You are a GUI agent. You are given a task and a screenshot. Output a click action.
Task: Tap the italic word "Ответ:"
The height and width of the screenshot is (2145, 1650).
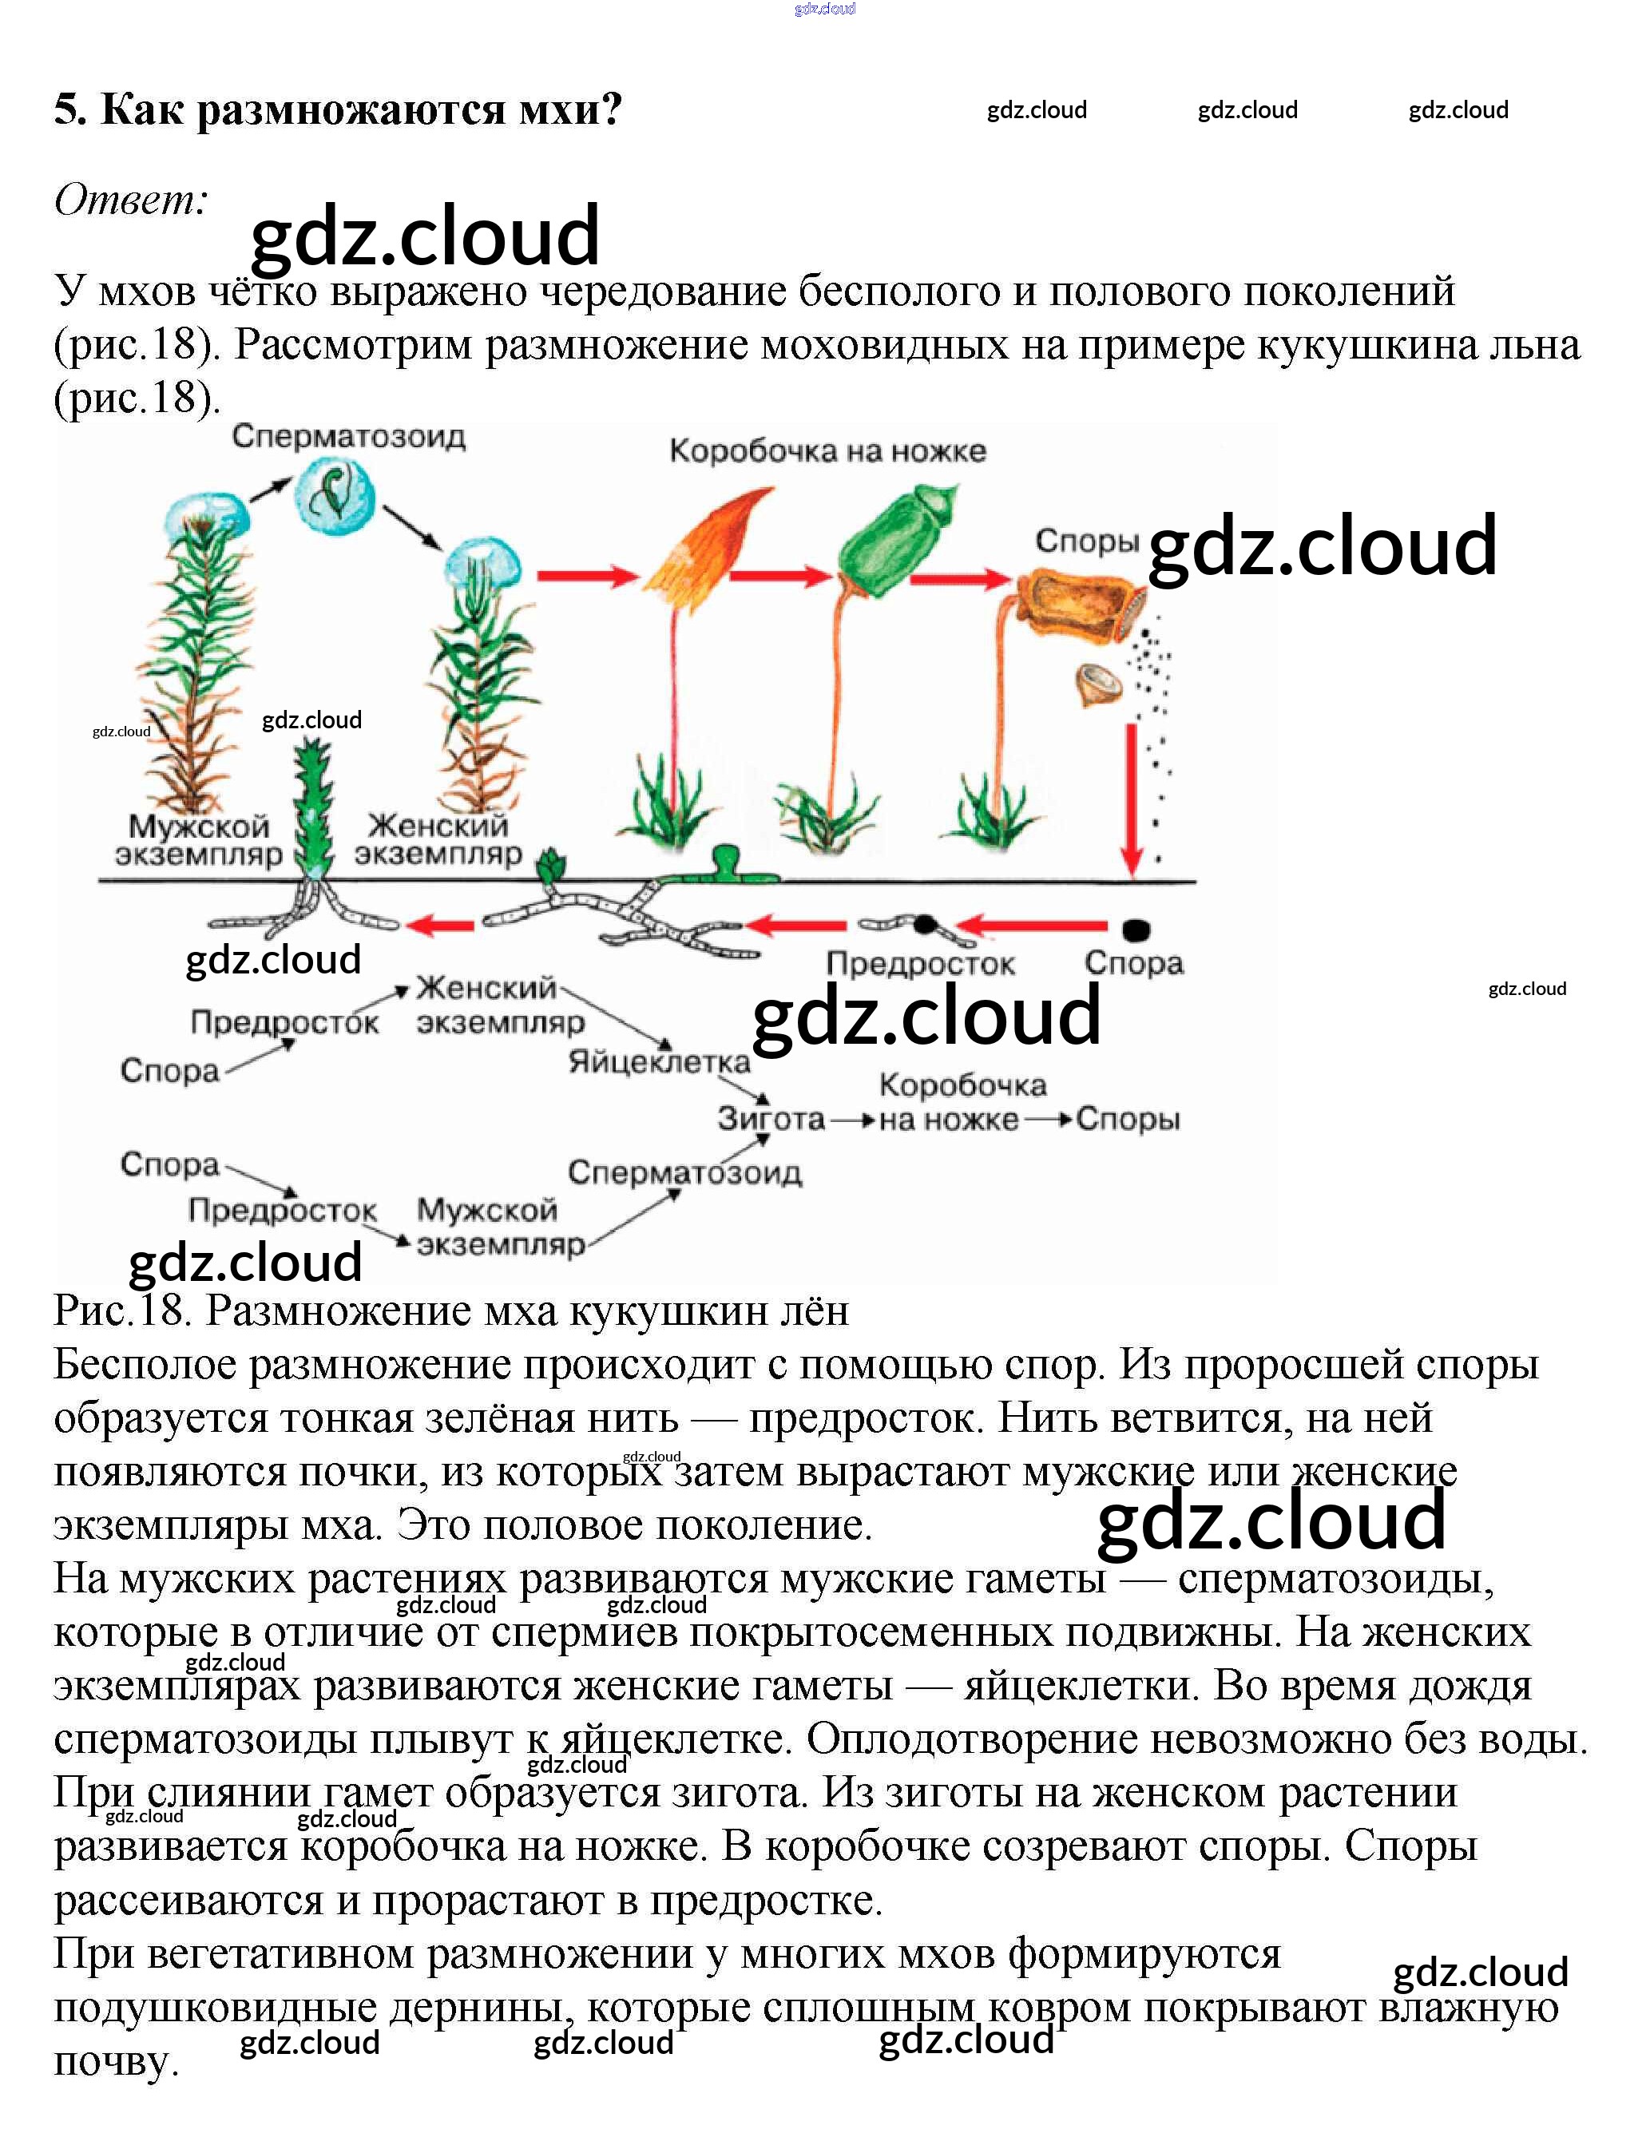131,200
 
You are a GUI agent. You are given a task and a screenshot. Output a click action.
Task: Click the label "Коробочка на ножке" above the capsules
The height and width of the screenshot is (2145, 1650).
827,451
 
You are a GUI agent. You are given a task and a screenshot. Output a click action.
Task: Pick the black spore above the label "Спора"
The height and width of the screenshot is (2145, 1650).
1136,928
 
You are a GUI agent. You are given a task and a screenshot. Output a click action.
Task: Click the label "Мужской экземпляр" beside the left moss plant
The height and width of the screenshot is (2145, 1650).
198,841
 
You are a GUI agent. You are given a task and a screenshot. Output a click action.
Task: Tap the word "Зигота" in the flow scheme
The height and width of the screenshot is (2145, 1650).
771,1119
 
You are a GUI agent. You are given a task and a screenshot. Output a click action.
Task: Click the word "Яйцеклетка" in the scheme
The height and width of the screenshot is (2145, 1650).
659,1061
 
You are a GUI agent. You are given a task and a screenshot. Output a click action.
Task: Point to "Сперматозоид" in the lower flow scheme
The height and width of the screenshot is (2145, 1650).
684,1172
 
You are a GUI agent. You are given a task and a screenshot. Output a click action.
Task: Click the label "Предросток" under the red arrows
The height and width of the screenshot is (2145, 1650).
920,963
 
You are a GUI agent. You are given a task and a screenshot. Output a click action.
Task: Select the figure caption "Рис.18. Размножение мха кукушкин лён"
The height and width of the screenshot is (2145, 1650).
450,1311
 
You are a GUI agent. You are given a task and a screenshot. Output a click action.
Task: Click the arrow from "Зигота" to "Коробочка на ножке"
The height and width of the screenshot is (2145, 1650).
852,1120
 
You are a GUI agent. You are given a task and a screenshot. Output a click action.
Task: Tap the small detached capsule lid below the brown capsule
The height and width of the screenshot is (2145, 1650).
1099,684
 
